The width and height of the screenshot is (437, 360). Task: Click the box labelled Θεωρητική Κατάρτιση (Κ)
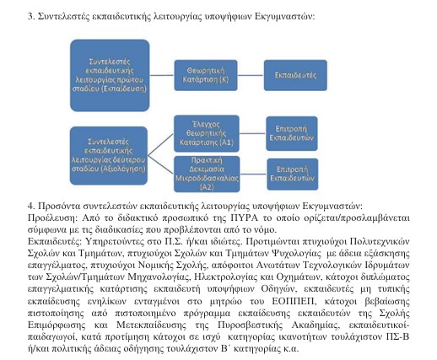click(x=204, y=76)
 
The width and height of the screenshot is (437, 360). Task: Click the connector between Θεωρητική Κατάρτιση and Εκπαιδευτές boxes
click(x=249, y=76)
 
